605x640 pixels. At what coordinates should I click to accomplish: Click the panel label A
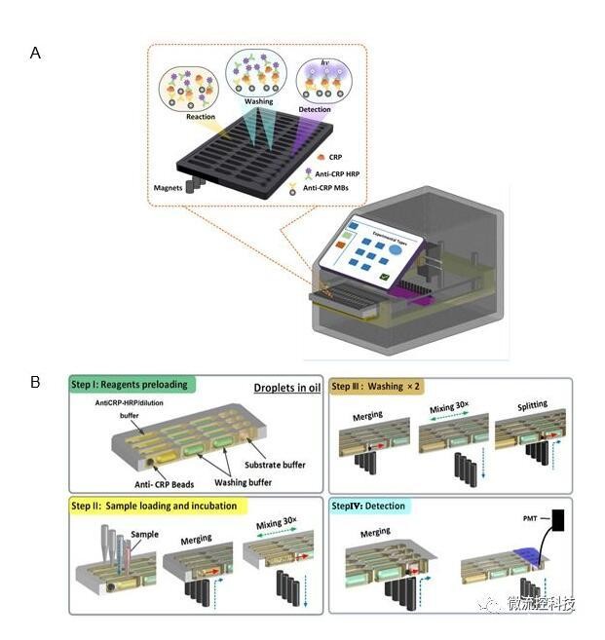(x=36, y=53)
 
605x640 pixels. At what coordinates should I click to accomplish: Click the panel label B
(x=36, y=382)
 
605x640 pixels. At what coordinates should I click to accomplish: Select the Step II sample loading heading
(x=162, y=506)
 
